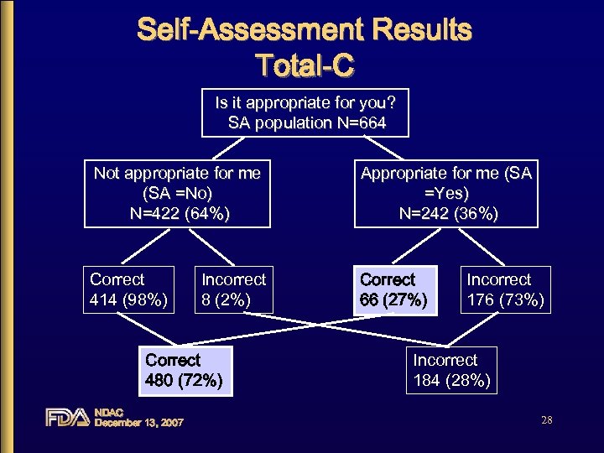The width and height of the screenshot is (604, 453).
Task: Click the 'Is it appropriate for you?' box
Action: click(x=305, y=112)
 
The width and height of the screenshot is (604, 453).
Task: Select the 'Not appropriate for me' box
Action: click(x=177, y=193)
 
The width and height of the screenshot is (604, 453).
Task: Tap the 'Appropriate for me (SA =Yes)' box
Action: click(x=445, y=193)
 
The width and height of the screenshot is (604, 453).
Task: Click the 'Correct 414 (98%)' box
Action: click(x=129, y=289)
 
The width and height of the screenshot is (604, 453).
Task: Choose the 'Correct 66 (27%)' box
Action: click(x=394, y=289)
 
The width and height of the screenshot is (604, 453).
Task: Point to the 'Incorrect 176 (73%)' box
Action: click(x=505, y=289)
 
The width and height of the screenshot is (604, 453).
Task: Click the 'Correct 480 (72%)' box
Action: click(x=184, y=371)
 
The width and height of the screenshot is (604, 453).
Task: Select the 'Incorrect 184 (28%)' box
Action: click(x=451, y=370)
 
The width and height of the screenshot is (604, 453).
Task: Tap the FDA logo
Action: click(x=67, y=417)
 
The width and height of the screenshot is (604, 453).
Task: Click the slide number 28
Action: click(x=546, y=420)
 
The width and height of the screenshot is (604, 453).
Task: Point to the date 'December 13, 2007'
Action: click(x=138, y=422)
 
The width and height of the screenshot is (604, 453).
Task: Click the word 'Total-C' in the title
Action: click(x=305, y=64)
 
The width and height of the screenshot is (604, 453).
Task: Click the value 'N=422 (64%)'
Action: click(x=177, y=214)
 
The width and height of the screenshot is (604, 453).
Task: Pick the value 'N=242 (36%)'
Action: click(x=445, y=214)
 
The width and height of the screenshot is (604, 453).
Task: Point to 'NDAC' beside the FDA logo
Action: click(x=109, y=412)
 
